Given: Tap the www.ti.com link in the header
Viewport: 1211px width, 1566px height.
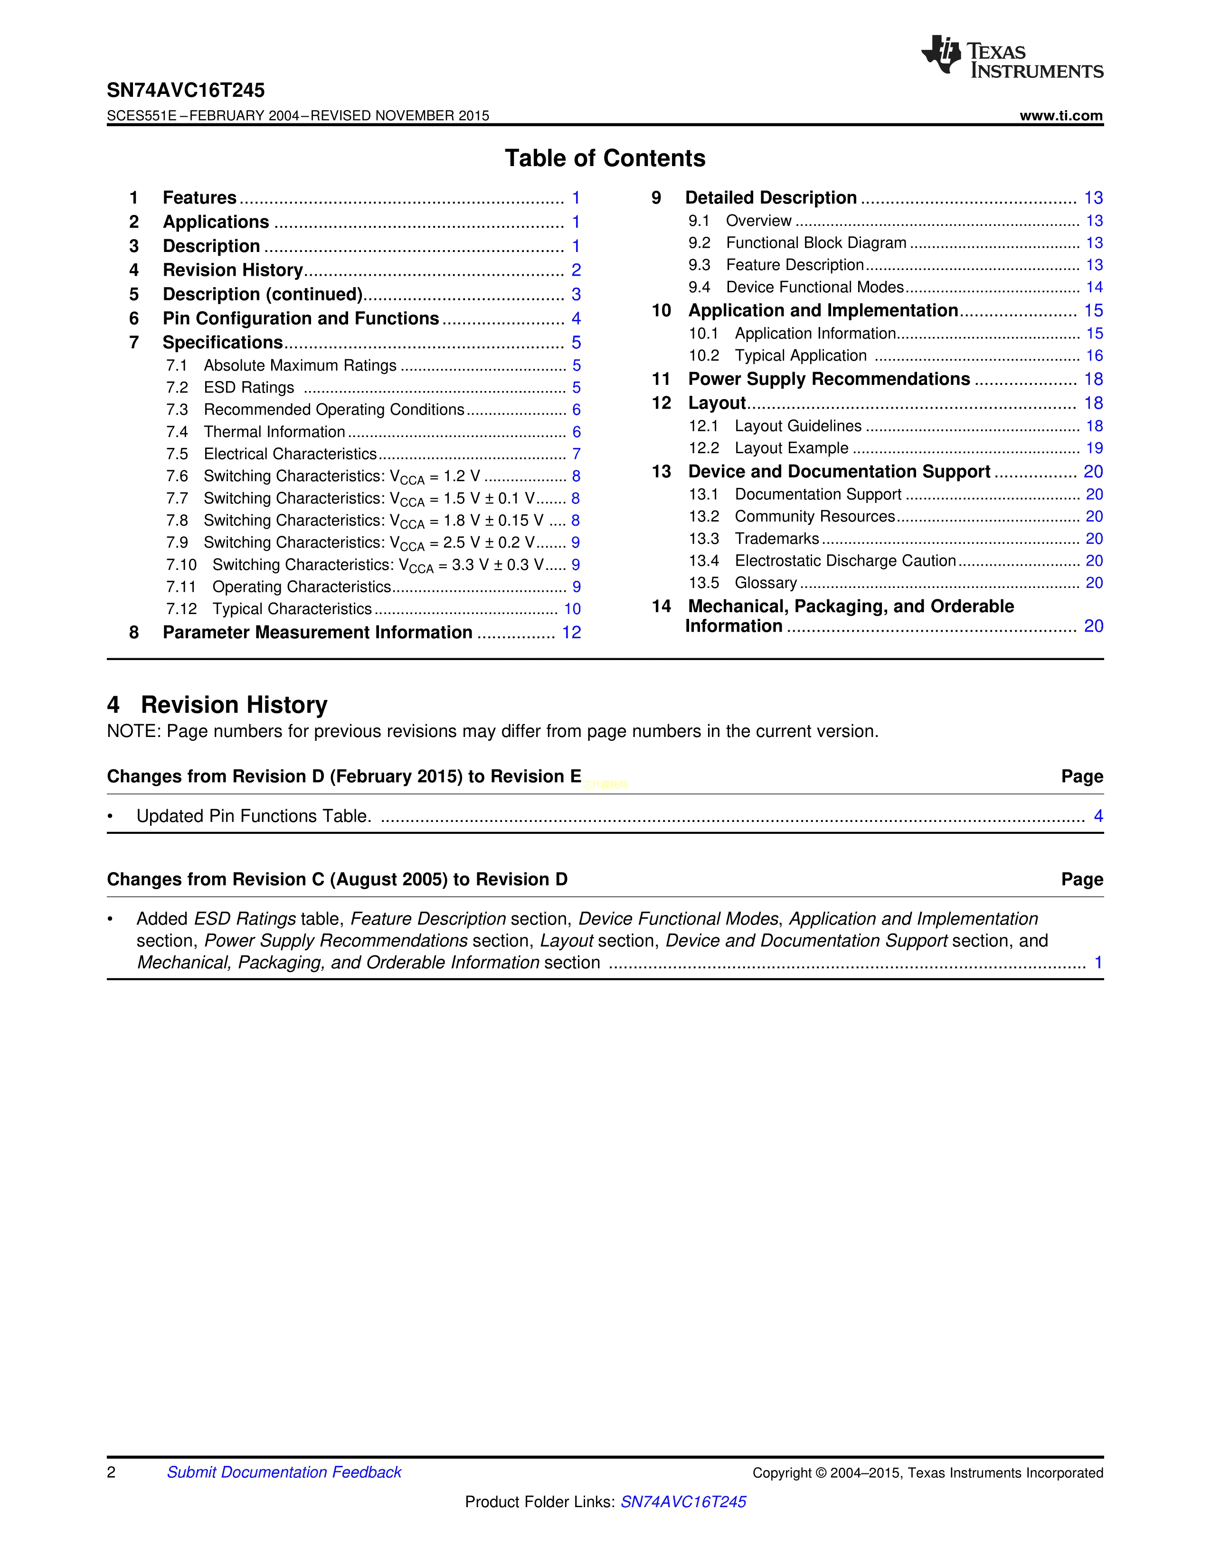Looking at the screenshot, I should pyautogui.click(x=1060, y=116).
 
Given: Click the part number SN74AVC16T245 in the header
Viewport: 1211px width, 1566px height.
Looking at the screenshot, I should pyautogui.click(x=186, y=90).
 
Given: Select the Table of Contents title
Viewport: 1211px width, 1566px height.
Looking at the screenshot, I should pyautogui.click(x=605, y=158).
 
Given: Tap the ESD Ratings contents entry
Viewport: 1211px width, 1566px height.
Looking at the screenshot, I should pyautogui.click(x=249, y=387).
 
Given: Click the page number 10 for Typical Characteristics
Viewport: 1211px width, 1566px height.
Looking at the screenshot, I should pyautogui.click(x=572, y=609).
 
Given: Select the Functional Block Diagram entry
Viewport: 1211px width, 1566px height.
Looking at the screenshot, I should pyautogui.click(x=816, y=243).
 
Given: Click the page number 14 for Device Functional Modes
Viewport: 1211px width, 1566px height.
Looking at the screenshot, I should pyautogui.click(x=1094, y=288).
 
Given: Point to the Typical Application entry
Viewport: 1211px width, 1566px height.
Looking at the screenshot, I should pyautogui.click(x=801, y=355).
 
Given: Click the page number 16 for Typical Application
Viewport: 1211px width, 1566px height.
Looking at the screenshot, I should pyautogui.click(x=1094, y=355).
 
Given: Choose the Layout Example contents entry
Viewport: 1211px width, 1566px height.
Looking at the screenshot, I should pyautogui.click(x=791, y=448).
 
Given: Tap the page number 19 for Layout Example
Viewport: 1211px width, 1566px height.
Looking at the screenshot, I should pyautogui.click(x=1094, y=448).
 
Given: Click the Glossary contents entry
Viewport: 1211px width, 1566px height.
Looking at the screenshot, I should pyautogui.click(x=766, y=583).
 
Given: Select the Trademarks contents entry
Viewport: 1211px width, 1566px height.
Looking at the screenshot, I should pyautogui.click(x=776, y=539).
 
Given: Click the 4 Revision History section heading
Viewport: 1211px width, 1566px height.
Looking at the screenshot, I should pyautogui.click(x=218, y=705).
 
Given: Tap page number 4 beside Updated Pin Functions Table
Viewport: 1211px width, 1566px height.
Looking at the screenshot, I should pyautogui.click(x=1097, y=816).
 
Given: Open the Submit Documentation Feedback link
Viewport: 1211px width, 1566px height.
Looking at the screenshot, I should pyautogui.click(x=284, y=1472).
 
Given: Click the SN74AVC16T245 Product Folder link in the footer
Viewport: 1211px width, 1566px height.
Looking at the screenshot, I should pyautogui.click(x=683, y=1501).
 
